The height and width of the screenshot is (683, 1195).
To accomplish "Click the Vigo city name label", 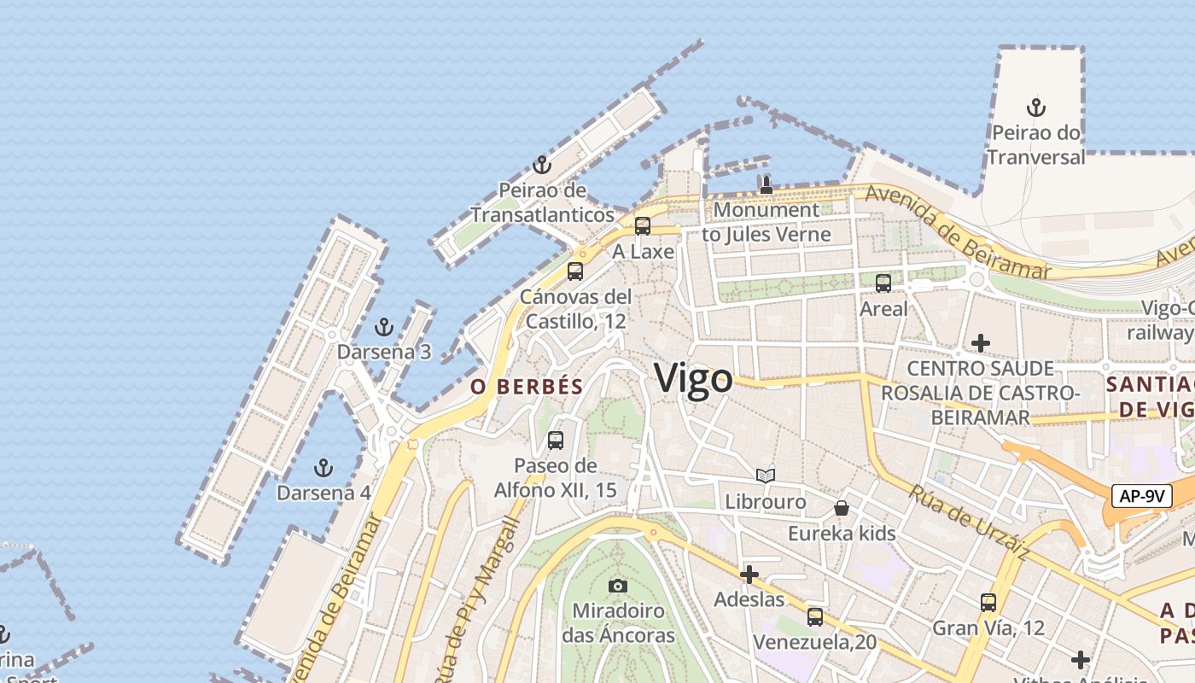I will [x=693, y=379].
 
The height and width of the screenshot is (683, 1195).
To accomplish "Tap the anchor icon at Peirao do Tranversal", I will [x=1036, y=108].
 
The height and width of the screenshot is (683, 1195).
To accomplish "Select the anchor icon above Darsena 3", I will [x=384, y=327].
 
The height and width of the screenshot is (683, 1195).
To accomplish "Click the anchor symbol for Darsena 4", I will [x=323, y=468].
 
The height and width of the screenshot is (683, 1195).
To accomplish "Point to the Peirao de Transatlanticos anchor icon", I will [x=542, y=165].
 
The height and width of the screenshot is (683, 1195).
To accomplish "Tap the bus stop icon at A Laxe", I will [x=643, y=226].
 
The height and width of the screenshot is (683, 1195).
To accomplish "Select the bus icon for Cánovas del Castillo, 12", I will [x=575, y=271].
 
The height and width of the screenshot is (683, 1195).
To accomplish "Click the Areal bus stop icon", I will [x=883, y=283].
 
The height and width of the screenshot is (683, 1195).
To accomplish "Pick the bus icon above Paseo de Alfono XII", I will [x=556, y=441].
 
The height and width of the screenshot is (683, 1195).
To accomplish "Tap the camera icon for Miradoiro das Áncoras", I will [x=618, y=586].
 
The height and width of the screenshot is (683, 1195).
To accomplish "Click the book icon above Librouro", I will [x=766, y=476].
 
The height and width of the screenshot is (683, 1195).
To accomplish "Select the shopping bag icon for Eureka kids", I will [x=842, y=508].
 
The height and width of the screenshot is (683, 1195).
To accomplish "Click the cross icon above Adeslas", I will [x=749, y=575].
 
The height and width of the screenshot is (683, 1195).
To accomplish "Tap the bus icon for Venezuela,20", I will [x=815, y=616].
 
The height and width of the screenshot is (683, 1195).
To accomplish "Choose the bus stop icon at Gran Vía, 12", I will [x=988, y=603].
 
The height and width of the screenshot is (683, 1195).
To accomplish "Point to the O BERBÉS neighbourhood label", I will [x=527, y=387].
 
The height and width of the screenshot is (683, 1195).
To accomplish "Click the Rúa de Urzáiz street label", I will [x=968, y=522].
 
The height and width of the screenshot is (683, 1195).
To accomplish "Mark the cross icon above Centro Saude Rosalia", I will [x=981, y=343].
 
